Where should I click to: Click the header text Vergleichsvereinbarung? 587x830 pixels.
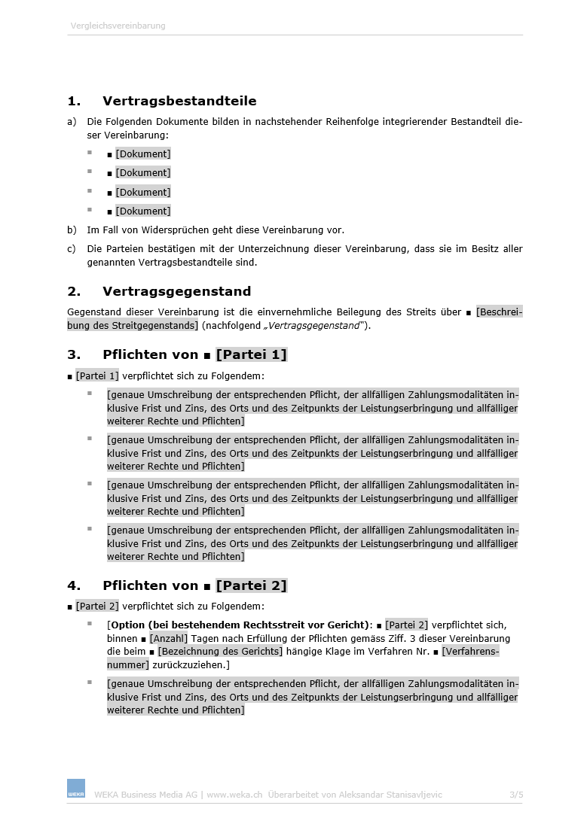pos(118,26)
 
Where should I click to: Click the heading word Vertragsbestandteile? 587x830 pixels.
pos(179,101)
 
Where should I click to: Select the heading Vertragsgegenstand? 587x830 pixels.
pos(176,291)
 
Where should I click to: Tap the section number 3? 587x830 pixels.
pos(74,354)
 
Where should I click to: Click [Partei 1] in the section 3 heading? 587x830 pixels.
pos(251,354)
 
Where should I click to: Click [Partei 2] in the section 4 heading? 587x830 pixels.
pos(251,585)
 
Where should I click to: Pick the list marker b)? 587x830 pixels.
pos(72,230)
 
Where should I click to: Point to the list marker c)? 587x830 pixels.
pos(72,249)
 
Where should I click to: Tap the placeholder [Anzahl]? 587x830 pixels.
pos(168,638)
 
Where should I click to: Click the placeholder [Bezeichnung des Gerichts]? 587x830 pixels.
pos(220,652)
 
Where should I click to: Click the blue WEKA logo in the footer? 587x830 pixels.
pos(76,789)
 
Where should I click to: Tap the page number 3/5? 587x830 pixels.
pos(515,795)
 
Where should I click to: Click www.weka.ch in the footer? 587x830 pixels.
pos(234,795)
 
